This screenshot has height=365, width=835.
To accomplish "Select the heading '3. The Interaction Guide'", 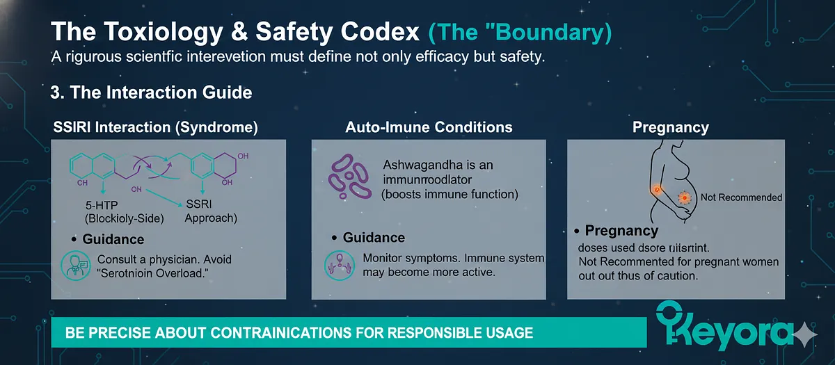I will (152, 92).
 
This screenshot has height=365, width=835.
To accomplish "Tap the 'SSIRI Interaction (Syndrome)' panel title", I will (156, 127).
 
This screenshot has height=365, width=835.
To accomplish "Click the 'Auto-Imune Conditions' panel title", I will (429, 127).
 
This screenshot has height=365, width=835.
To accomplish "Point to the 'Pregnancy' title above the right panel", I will (670, 127).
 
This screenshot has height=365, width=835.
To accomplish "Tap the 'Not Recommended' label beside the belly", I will (741, 197).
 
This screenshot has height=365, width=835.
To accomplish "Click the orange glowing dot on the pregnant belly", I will (685, 198).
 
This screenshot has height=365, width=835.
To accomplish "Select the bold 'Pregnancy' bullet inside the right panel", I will (621, 231).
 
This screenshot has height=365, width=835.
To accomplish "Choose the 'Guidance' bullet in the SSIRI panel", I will (113, 239).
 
